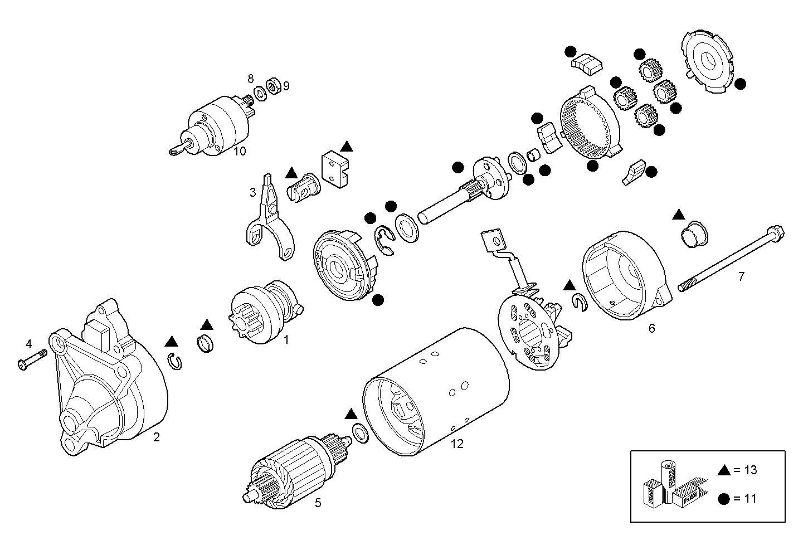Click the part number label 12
[x=457, y=444]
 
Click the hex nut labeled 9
[x=273, y=86]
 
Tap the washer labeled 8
[x=260, y=92]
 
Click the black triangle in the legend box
[x=724, y=470]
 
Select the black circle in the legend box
[x=724, y=499]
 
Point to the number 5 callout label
[x=318, y=503]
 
